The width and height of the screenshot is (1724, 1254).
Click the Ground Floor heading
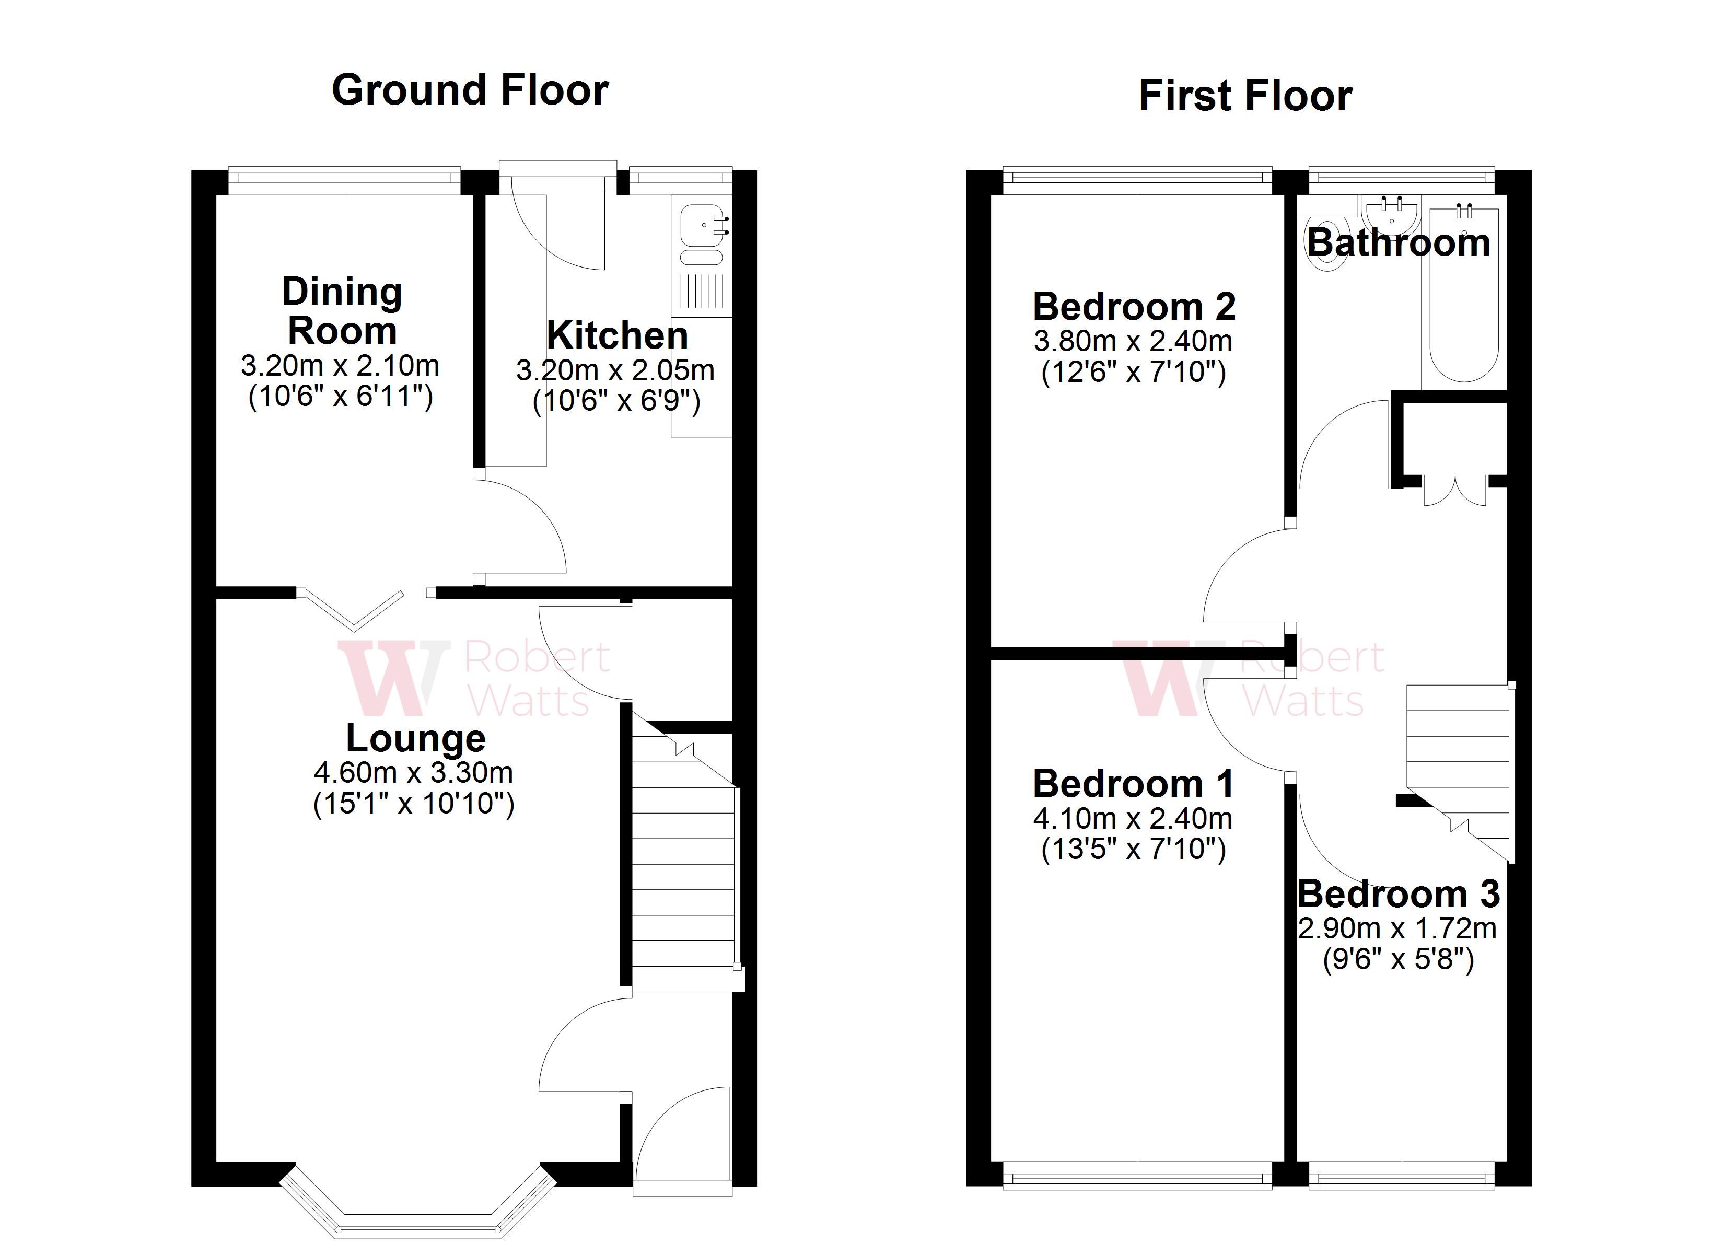tap(470, 90)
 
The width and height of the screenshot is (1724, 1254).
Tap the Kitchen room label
tap(617, 335)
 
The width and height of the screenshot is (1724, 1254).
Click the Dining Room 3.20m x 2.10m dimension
tap(340, 366)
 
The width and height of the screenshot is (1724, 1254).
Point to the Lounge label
tap(416, 738)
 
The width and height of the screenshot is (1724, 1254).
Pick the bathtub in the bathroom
tap(1464, 297)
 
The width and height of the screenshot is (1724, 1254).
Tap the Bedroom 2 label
tap(1133, 307)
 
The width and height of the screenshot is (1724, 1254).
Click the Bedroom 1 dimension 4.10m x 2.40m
tap(1133, 818)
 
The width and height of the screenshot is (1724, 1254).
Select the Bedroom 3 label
tap(1398, 895)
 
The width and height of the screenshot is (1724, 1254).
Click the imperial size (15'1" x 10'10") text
tap(414, 804)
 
